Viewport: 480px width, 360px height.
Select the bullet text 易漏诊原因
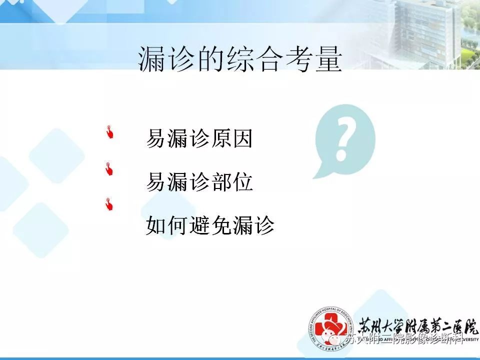click(x=199, y=139)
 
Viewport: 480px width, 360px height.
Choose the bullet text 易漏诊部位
click(x=199, y=182)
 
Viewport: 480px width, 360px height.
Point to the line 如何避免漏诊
click(x=210, y=226)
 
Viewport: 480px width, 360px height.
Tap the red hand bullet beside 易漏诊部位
click(x=109, y=169)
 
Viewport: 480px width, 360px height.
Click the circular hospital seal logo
click(x=328, y=329)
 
